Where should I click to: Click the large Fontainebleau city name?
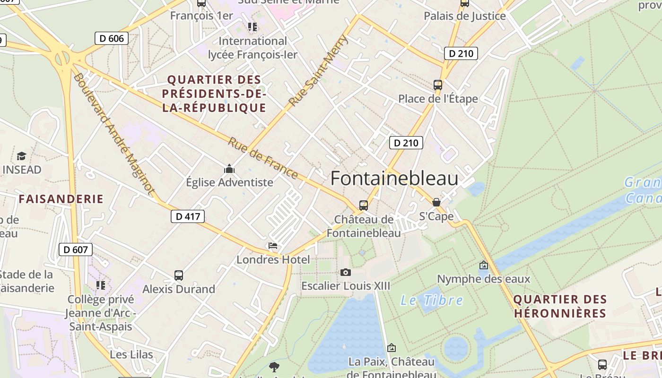pyautogui.click(x=394, y=179)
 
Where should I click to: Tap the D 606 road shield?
pyautogui.click(x=112, y=38)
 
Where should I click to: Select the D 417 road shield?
pyautogui.click(x=188, y=216)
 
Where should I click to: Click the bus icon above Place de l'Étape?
pyautogui.click(x=438, y=85)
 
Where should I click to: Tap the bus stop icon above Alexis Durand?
pyautogui.click(x=178, y=275)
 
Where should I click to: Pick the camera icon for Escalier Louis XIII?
pyautogui.click(x=346, y=272)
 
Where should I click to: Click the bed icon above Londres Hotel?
pyautogui.click(x=273, y=246)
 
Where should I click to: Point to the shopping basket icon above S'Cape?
pyautogui.click(x=436, y=202)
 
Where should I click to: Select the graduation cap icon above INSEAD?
pyautogui.click(x=21, y=156)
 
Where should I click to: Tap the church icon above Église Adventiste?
pyautogui.click(x=229, y=169)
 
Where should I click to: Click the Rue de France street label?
pyautogui.click(x=263, y=158)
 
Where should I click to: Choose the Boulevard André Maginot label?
pyautogui.click(x=114, y=134)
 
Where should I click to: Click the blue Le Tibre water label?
pyautogui.click(x=432, y=300)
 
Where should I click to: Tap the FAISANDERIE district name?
pyautogui.click(x=61, y=199)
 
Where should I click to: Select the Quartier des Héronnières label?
pyautogui.click(x=560, y=306)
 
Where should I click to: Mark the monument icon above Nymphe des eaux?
pyautogui.click(x=483, y=265)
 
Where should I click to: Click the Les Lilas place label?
pyautogui.click(x=131, y=354)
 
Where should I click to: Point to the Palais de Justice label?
pyautogui.click(x=464, y=16)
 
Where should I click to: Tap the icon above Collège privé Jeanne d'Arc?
pyautogui.click(x=101, y=285)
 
